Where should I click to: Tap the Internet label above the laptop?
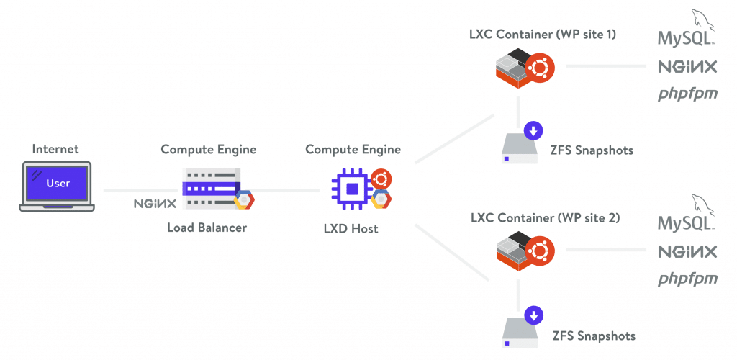pyautogui.click(x=56, y=150)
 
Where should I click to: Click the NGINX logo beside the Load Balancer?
pyautogui.click(x=155, y=204)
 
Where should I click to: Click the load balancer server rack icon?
pyautogui.click(x=212, y=189)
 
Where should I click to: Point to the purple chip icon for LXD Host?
pyautogui.click(x=351, y=188)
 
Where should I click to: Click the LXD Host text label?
pyautogui.click(x=353, y=229)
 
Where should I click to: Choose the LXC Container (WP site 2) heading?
pyautogui.click(x=545, y=217)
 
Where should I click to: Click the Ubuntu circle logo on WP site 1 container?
pyautogui.click(x=536, y=68)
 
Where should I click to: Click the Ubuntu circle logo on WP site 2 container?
pyautogui.click(x=536, y=251)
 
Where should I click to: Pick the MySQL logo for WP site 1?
pyautogui.click(x=687, y=33)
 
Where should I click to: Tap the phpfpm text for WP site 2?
pyautogui.click(x=687, y=278)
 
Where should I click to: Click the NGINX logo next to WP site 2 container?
pyautogui.click(x=687, y=251)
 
